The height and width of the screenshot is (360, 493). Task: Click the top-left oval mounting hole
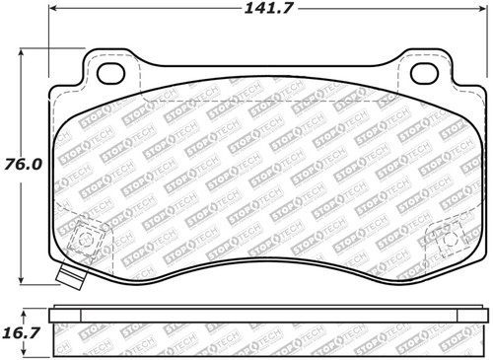[x=111, y=73]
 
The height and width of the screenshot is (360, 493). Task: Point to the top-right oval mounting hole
[x=425, y=73]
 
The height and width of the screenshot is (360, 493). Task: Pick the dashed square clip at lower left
[x=88, y=240]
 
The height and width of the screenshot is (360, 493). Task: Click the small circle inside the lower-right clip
[x=451, y=239]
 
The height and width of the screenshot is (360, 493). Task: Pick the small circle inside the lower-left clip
[x=86, y=238]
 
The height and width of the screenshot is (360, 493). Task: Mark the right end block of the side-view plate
[x=480, y=315]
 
